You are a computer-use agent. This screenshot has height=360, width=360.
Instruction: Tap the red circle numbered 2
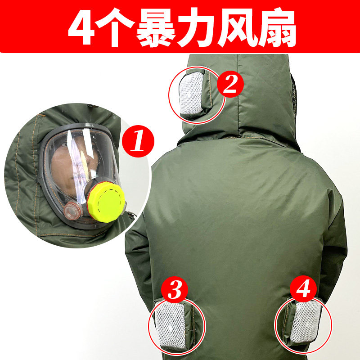(x=230, y=85)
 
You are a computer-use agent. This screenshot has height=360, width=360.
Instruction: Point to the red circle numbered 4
(x=304, y=288)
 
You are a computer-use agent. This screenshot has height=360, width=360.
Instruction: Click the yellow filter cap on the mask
(x=106, y=201)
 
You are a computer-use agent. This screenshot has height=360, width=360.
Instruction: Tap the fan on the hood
(x=192, y=95)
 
